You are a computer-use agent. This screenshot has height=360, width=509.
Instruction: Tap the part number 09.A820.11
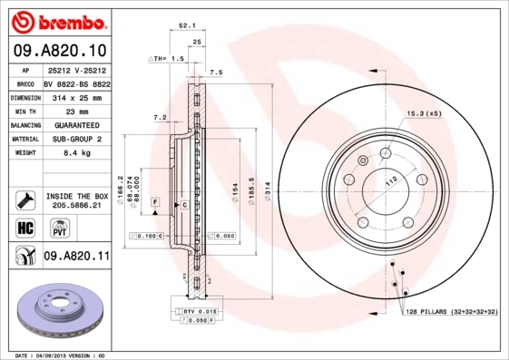point(76,257)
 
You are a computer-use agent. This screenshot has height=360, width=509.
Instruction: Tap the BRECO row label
point(25,82)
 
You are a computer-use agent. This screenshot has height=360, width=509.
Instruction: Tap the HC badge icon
point(24,227)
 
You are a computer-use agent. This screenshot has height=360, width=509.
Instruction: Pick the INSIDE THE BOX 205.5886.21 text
point(76,200)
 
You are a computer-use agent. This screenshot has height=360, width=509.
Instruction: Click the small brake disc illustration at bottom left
point(61,312)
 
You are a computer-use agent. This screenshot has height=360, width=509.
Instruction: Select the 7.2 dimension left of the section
point(159,117)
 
